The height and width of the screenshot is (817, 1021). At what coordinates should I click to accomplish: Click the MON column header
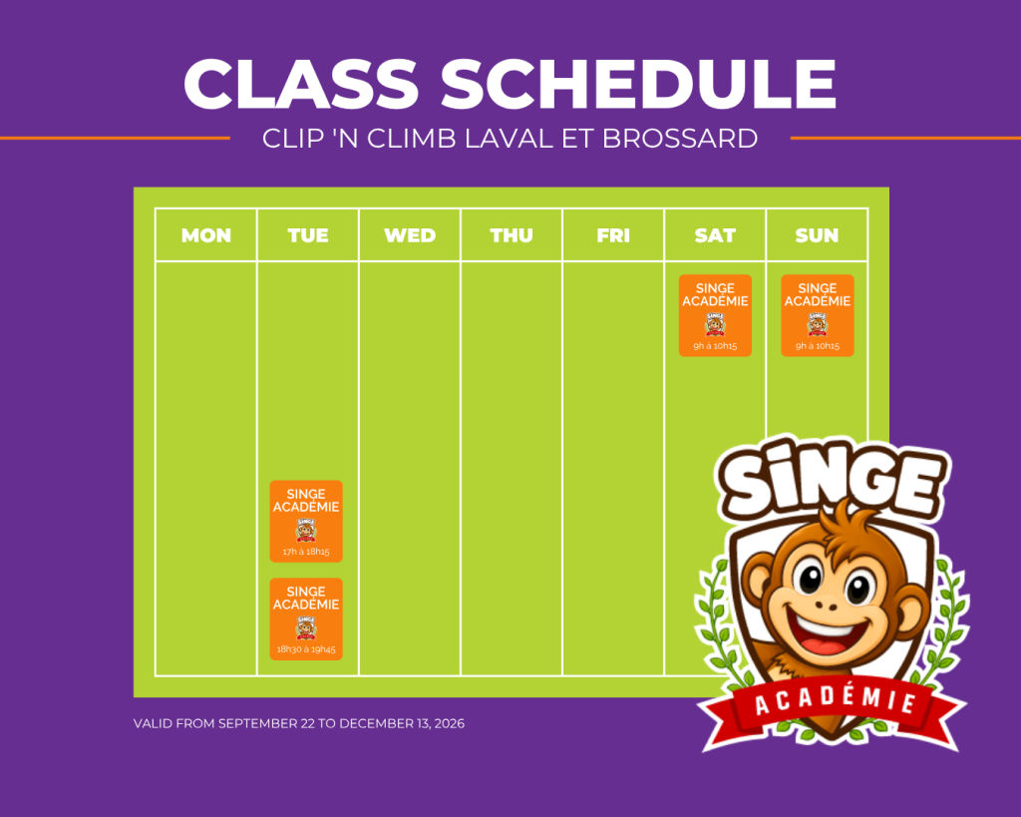[205, 235]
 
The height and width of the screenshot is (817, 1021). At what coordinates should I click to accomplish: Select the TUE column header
[308, 235]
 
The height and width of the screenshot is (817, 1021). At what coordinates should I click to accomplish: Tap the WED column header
[410, 235]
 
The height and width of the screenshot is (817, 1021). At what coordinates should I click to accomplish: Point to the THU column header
[511, 235]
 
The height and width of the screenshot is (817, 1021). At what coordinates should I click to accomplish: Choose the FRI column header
[613, 235]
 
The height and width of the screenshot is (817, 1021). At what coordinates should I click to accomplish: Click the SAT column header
[715, 235]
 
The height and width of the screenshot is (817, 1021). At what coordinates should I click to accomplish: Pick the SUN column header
[817, 235]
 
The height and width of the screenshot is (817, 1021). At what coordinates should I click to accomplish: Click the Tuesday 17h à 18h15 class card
[306, 521]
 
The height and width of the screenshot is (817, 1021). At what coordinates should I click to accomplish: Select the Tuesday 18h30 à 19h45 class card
[306, 618]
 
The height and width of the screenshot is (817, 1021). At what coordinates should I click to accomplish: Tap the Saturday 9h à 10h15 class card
[715, 315]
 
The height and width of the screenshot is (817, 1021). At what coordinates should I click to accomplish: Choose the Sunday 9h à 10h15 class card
[818, 315]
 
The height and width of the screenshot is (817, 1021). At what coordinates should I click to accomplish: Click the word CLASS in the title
[301, 84]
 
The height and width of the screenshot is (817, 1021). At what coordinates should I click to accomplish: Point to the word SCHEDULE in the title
[638, 84]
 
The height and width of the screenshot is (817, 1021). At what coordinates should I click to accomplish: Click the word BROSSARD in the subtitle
[680, 138]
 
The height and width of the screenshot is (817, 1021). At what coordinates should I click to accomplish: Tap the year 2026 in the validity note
[450, 723]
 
